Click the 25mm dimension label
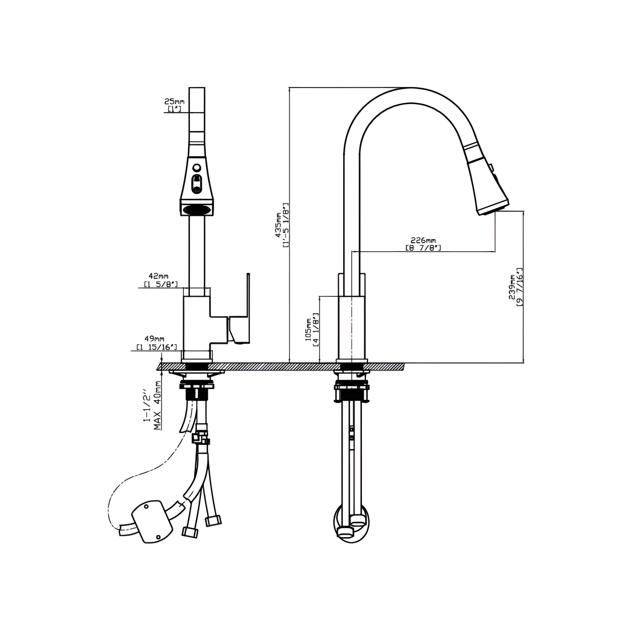tap(174, 101)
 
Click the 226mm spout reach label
tap(423, 240)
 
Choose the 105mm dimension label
tap(308, 330)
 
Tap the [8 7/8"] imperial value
tap(423, 248)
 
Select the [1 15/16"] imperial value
tap(157, 347)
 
